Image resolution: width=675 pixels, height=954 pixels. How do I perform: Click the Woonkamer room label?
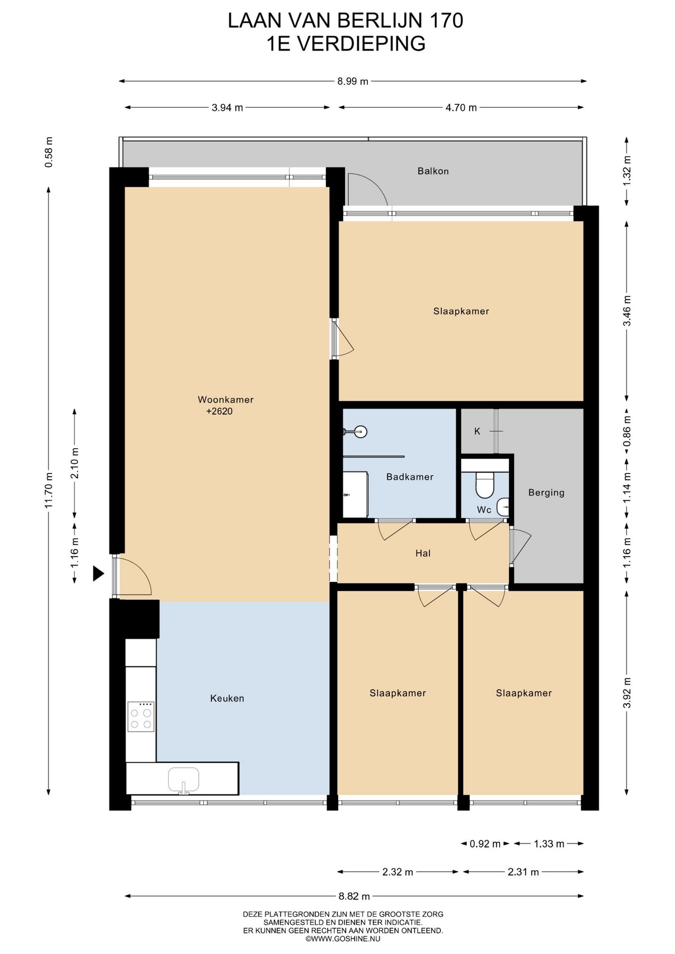(x=226, y=399)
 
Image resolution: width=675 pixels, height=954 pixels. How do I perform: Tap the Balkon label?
(x=433, y=171)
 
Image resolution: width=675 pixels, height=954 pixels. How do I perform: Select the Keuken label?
(x=227, y=698)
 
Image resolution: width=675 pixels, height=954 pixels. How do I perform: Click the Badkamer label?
(x=410, y=477)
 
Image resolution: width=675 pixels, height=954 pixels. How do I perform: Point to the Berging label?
(x=546, y=493)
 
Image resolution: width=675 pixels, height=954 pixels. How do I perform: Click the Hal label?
(x=423, y=554)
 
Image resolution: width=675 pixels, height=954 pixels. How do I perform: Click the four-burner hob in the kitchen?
(x=141, y=716)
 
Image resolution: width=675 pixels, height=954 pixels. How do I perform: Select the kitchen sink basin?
(x=183, y=779)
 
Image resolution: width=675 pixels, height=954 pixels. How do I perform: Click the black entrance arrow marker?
(x=98, y=574)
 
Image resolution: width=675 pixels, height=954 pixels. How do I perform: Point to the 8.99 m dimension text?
(x=353, y=81)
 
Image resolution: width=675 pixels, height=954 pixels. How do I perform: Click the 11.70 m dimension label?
(x=49, y=489)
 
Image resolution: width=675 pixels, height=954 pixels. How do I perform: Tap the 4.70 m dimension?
(x=461, y=108)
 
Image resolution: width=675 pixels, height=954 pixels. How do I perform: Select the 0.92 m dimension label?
(x=485, y=844)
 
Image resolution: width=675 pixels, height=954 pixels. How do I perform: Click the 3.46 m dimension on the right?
(x=627, y=311)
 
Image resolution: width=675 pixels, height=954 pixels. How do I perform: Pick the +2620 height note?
(x=220, y=411)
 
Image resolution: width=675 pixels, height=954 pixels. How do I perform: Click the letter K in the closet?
(x=477, y=431)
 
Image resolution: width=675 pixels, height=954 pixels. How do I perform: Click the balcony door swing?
(x=368, y=189)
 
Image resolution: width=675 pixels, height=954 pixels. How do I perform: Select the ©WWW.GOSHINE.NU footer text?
(x=343, y=939)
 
